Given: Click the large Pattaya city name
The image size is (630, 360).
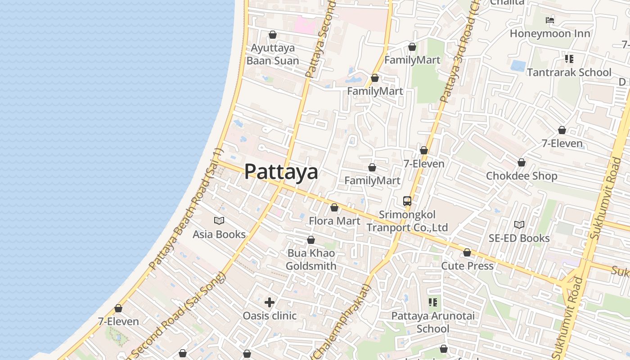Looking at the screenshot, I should pyautogui.click(x=281, y=172).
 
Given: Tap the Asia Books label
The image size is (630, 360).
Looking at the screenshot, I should pyautogui.click(x=219, y=234).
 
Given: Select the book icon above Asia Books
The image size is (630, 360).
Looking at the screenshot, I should pyautogui.click(x=219, y=220).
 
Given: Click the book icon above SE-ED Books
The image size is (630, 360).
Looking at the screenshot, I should pyautogui.click(x=519, y=224).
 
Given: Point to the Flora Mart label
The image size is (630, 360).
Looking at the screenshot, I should pyautogui.click(x=334, y=221).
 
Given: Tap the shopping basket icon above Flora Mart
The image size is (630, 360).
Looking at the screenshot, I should pyautogui.click(x=334, y=207).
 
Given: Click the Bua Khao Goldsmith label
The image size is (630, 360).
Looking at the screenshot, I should pyautogui.click(x=311, y=260).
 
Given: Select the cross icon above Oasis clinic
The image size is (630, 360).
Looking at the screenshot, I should pyautogui.click(x=270, y=302).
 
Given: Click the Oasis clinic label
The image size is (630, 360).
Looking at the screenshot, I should pyautogui.click(x=270, y=316).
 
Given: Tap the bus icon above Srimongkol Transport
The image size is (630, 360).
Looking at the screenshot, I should pyautogui.click(x=407, y=201).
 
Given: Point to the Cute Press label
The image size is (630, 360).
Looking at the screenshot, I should pyautogui.click(x=467, y=266).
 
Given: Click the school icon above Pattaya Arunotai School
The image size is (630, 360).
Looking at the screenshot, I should pyautogui.click(x=433, y=302).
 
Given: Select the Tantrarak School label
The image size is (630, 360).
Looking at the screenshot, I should pyautogui.click(x=569, y=72).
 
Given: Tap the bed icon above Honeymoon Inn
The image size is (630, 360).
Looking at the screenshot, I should pyautogui.click(x=550, y=20).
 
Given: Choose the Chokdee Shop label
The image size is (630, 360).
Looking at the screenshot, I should pyautogui.click(x=522, y=176).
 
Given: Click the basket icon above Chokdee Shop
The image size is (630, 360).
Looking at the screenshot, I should pyautogui.click(x=522, y=162).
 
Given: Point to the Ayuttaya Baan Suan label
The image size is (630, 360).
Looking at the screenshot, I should pyautogui.click(x=273, y=54).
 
